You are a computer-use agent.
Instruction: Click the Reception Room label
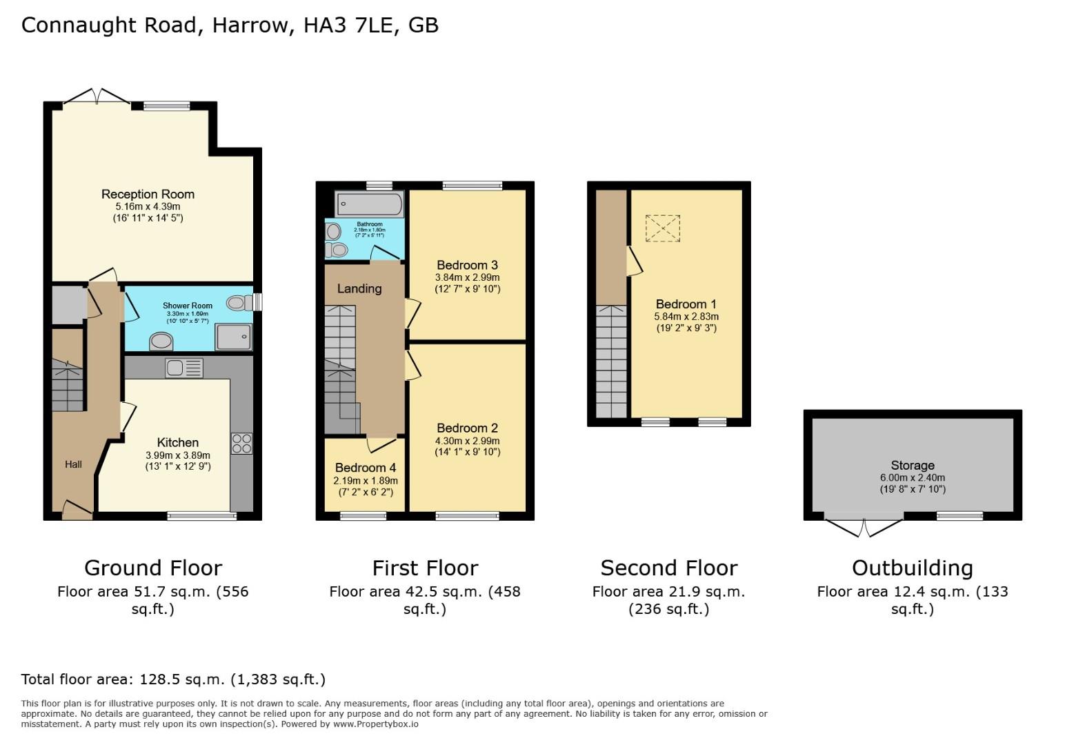coord(148,195)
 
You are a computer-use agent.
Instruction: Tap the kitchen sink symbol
coord(183,368)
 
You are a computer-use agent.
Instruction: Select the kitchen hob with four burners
coord(241,443)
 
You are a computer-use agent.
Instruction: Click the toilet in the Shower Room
coord(237,302)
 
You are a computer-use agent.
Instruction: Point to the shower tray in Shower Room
coord(234,337)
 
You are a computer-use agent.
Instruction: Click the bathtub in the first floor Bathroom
coord(369,205)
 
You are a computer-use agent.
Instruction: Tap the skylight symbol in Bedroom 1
coord(662,228)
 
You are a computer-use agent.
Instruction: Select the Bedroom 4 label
coord(365,468)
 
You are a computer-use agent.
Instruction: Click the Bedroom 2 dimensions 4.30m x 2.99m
coord(467,441)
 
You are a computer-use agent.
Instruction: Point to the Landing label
coord(359,289)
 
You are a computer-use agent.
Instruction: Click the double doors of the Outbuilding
coord(864,526)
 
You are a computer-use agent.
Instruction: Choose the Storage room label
coord(912,466)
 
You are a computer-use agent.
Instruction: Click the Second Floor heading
coord(668,568)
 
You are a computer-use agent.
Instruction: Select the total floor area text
coord(173,679)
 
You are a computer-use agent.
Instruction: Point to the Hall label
coord(73,464)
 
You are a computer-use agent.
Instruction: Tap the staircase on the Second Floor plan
coord(611,361)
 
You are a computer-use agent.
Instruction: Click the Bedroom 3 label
coord(467,265)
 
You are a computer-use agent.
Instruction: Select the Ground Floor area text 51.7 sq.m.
coord(152,592)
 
